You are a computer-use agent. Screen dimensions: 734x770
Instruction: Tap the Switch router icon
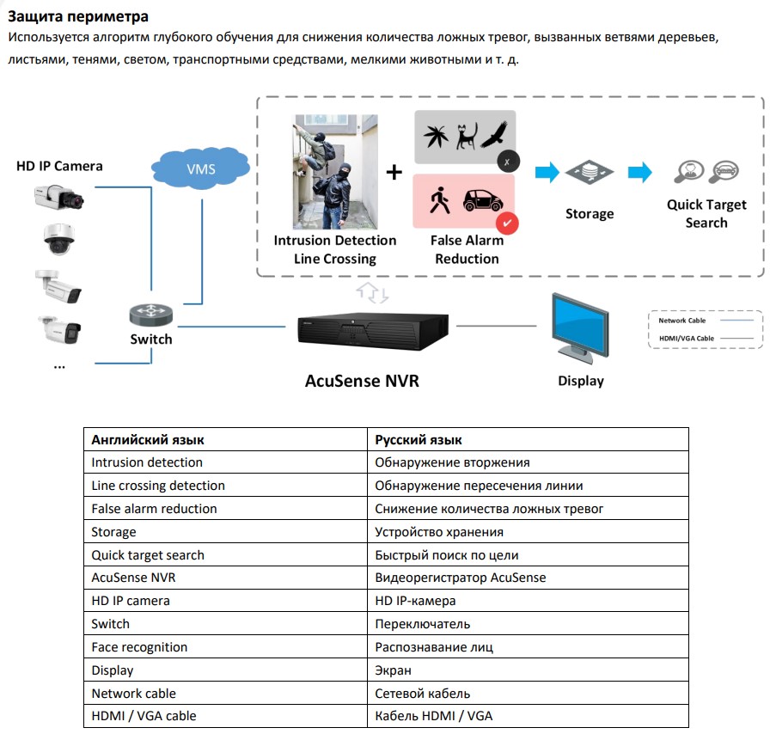[x=150, y=315]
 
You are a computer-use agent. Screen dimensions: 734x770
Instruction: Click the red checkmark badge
[x=507, y=223]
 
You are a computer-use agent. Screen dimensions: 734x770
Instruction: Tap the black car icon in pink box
[x=482, y=200]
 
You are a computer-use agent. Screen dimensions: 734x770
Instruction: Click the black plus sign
[x=394, y=172]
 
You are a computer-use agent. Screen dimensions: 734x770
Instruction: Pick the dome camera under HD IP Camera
[x=59, y=239]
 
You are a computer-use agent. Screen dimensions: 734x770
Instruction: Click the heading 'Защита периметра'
[x=78, y=16]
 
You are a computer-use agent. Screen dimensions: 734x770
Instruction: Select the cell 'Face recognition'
[x=139, y=647]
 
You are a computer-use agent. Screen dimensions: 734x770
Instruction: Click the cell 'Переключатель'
[x=422, y=624]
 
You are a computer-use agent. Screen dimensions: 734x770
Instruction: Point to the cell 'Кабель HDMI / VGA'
[x=433, y=716]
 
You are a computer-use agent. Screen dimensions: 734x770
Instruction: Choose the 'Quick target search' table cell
[x=148, y=554]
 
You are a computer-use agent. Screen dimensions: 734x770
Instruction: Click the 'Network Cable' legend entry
[x=682, y=321]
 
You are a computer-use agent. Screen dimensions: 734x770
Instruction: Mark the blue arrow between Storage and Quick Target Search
[x=639, y=173]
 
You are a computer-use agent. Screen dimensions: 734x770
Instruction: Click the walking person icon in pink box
[x=440, y=201]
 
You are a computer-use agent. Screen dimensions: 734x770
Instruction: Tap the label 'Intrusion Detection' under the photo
[x=334, y=241]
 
